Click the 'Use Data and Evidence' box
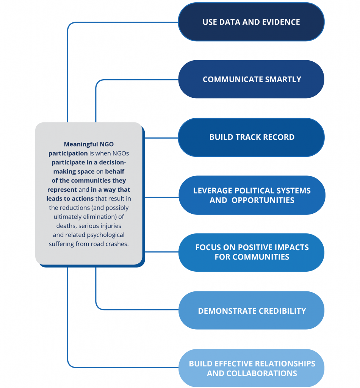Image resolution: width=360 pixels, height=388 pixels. tap(251, 22)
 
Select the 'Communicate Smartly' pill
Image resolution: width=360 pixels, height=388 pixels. tap(251, 79)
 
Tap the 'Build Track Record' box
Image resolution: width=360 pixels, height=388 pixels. tap(251, 137)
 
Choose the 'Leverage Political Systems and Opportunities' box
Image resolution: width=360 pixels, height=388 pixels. tap(252, 195)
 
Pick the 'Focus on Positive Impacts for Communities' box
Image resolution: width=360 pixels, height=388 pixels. tap(251, 252)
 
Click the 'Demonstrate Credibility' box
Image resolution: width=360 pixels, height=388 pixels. tap(251, 310)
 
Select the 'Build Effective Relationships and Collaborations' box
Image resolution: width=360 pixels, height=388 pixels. tap(251, 368)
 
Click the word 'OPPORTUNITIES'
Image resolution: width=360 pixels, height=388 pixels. tap(263, 200)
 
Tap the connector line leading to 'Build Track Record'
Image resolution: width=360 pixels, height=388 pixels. tap(161, 138)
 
